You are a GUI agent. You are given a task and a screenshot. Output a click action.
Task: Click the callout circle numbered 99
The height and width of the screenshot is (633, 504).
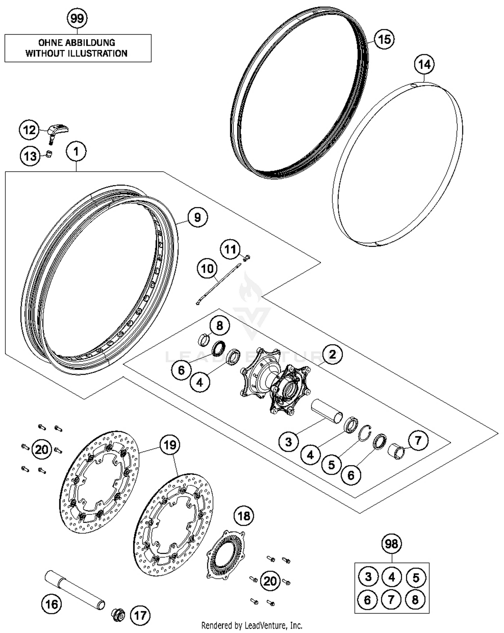77,18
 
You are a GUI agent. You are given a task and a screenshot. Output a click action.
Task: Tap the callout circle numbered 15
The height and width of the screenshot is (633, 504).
384,39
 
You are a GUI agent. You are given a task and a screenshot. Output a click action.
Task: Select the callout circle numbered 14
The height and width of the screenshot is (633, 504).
424,64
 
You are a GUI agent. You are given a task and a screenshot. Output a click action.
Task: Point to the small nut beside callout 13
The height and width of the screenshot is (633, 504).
49,155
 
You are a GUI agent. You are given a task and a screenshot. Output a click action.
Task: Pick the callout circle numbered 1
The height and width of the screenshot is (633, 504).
76,152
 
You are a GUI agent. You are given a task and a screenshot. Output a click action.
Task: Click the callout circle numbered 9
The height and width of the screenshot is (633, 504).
197,217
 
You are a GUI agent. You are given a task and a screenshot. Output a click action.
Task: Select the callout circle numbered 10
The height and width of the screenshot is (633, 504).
207,269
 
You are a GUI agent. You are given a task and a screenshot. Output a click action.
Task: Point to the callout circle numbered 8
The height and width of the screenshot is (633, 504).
219,325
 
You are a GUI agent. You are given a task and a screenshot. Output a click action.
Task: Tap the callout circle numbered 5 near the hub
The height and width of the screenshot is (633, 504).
331,465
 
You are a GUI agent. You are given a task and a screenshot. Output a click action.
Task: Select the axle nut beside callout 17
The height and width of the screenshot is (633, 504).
118,615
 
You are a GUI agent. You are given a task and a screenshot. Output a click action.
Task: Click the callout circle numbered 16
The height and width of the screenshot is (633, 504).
51,604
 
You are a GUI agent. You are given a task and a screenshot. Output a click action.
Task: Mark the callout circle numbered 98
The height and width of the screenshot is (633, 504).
391,544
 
